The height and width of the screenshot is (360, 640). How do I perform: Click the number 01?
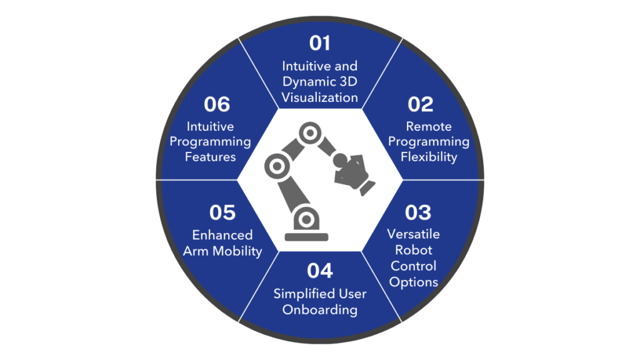[319, 43]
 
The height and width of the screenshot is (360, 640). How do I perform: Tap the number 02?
[420, 104]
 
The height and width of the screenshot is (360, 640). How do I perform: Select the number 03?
[418, 212]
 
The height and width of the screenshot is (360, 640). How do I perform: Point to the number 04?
[319, 271]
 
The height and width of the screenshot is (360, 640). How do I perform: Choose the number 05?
[222, 212]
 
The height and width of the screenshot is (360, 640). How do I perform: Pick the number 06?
[217, 104]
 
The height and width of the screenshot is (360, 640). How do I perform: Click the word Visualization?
[319, 97]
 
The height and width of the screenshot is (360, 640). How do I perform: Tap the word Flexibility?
[429, 157]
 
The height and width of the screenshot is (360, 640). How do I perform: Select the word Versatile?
[414, 234]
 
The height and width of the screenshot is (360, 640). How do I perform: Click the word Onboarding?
[319, 310]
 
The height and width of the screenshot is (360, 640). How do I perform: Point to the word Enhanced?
[222, 235]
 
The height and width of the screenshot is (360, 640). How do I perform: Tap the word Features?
[210, 157]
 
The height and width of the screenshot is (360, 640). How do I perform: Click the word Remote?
[429, 126]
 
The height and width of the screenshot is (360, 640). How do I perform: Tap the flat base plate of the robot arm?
[306, 237]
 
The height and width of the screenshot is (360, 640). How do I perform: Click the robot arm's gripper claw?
[354, 174]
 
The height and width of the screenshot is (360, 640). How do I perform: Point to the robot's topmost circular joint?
[310, 133]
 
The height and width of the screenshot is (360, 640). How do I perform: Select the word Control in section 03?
[414, 266]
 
